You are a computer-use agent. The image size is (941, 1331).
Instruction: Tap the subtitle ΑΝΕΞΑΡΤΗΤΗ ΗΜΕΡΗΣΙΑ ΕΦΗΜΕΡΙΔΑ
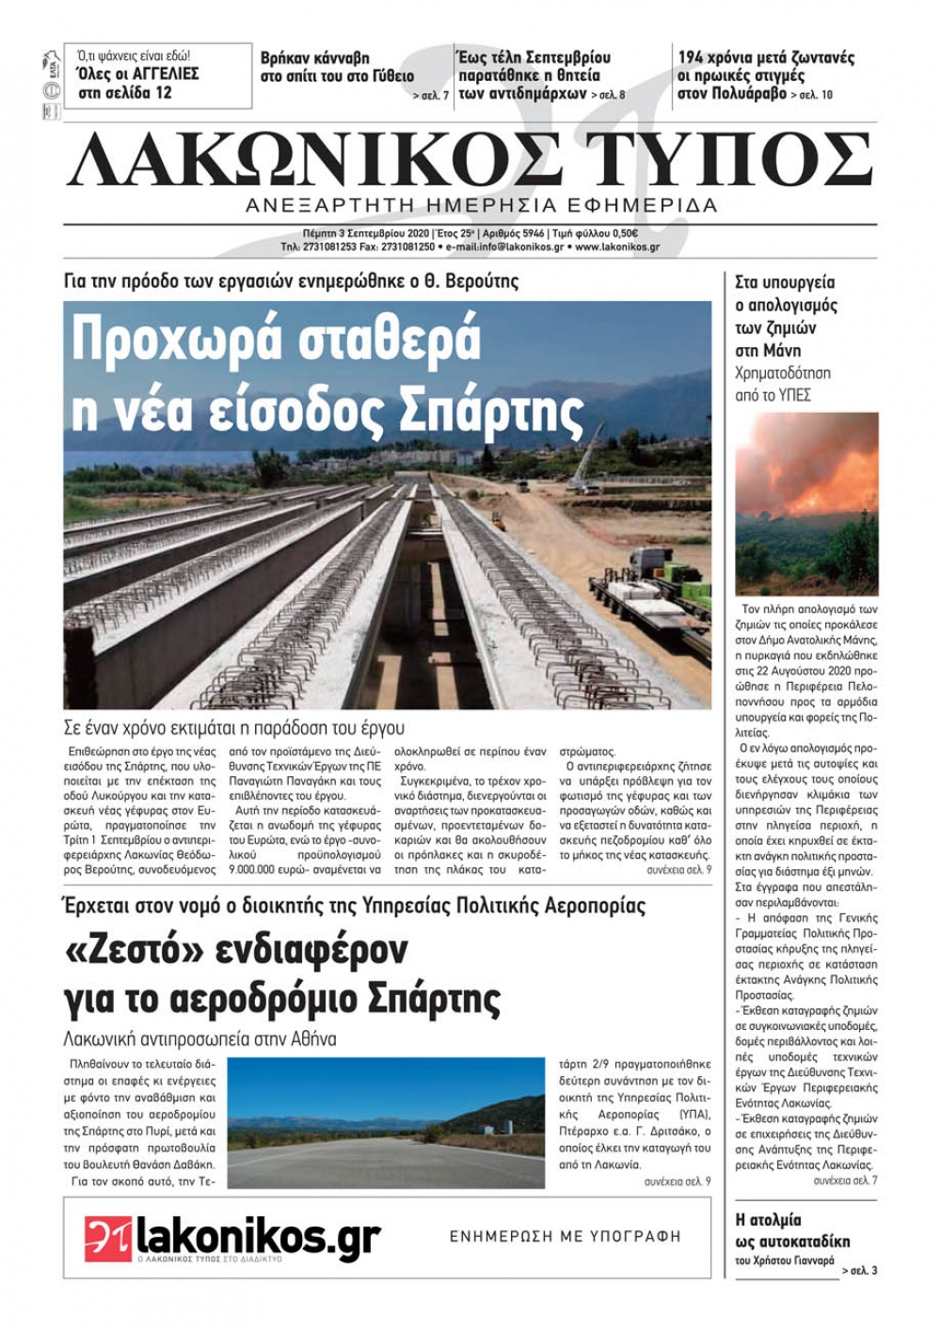pos(481,205)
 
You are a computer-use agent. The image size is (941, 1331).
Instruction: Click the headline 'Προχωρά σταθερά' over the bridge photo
pos(277,340)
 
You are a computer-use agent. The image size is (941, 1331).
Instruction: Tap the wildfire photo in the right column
pos(806,503)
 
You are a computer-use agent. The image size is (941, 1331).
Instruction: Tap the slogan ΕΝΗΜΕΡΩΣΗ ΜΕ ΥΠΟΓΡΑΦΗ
pos(565,1236)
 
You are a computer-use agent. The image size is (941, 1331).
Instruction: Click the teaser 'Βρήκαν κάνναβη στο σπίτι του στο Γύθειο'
pos(337,68)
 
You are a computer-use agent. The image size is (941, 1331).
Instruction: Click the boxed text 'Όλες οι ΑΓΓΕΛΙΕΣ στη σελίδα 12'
pos(137,83)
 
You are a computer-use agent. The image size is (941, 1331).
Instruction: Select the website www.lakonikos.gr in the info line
pos(616,247)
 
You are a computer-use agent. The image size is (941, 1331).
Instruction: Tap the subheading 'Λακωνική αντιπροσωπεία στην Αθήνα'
pos(199,1039)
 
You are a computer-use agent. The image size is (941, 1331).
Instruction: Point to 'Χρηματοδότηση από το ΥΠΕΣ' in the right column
pos(783,384)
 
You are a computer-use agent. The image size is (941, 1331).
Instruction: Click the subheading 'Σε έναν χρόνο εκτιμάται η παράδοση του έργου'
pos(233,728)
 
